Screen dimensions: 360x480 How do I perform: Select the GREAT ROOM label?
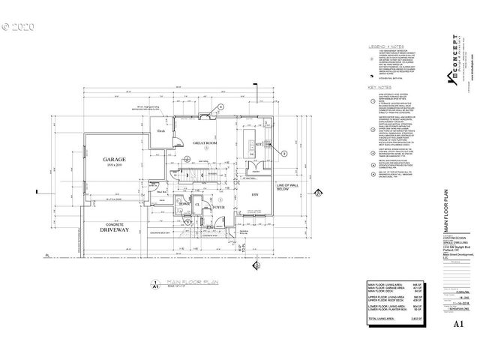[x=205, y=142]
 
